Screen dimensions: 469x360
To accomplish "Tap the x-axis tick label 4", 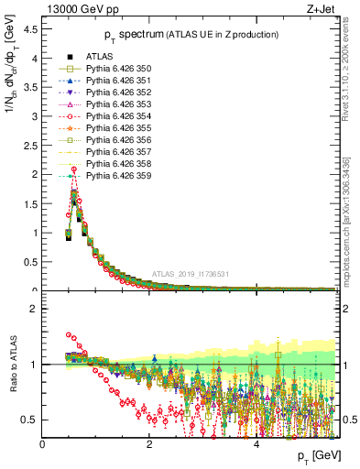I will click(256, 445).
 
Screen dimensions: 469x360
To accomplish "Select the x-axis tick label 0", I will click(42, 445).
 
